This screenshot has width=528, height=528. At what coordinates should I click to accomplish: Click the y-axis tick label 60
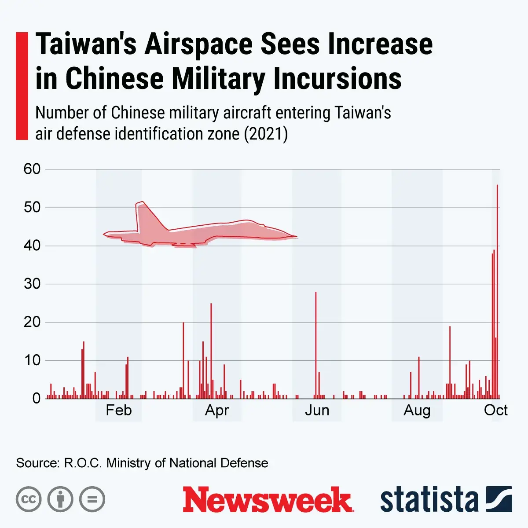pos(32,169)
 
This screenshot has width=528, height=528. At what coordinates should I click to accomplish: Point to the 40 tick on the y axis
pos(32,246)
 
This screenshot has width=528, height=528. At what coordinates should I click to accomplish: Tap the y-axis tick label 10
pos(32,360)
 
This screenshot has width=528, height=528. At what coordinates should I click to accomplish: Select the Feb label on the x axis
pos(118,410)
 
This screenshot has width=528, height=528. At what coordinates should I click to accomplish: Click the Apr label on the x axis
pos(217,410)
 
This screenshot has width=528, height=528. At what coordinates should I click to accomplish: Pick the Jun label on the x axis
pos(317,410)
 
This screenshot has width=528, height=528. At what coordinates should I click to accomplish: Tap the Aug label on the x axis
pos(417,410)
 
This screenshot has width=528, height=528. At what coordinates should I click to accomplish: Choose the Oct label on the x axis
pos(495,410)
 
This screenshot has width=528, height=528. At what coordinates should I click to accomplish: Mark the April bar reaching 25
pos(211,350)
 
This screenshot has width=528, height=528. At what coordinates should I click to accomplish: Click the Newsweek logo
pos(268,500)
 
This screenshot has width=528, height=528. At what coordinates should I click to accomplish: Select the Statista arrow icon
pos(499,499)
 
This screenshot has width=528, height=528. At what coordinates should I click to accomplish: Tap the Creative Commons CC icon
pos(29,499)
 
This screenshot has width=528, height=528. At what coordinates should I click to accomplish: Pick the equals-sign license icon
pos(92,499)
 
